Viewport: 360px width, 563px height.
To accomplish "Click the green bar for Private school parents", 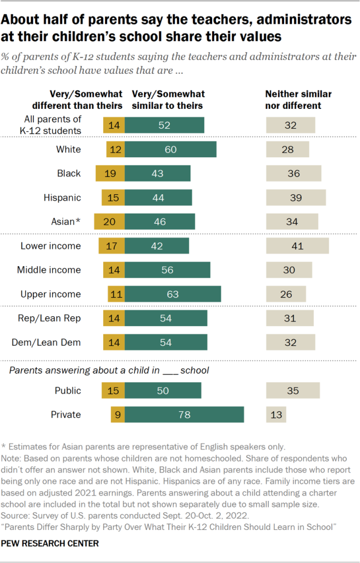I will pyautogui.click(x=185, y=415).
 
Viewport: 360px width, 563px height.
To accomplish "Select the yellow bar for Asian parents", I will pyautogui.click(x=109, y=222).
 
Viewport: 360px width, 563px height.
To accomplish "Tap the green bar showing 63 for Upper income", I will pyautogui.click(x=173, y=294).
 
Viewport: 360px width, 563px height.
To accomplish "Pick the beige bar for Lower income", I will pyautogui.click(x=297, y=246).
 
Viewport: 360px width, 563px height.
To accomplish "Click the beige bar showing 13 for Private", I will pyautogui.click(x=276, y=415).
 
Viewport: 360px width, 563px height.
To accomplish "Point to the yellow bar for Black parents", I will pyautogui.click(x=110, y=173).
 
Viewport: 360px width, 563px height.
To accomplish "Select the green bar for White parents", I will pyautogui.click(x=170, y=150).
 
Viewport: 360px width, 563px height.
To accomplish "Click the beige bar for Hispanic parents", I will pyautogui.click(x=296, y=197).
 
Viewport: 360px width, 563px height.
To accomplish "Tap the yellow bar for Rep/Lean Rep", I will pyautogui.click(x=114, y=318).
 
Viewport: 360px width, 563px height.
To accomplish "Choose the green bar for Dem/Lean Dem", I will pyautogui.click(x=166, y=342).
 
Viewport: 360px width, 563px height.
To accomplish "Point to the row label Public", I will pyautogui.click(x=68, y=391).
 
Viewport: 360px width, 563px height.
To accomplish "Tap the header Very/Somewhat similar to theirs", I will pyautogui.click(x=167, y=100).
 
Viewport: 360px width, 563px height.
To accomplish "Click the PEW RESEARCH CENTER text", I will pyautogui.click(x=51, y=543).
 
